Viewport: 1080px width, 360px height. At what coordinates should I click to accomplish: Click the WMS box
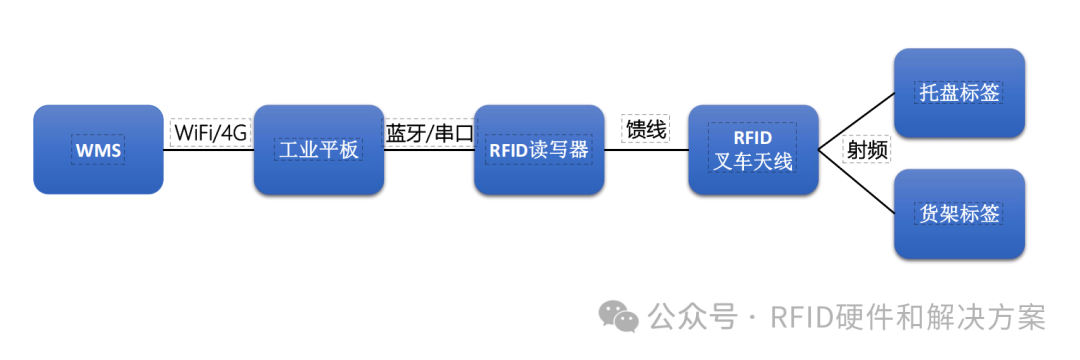coord(98,150)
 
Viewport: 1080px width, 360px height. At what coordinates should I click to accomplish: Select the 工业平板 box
coord(318,150)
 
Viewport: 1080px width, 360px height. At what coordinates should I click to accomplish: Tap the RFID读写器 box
coord(538,150)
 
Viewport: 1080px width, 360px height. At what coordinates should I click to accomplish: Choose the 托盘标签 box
coord(959,93)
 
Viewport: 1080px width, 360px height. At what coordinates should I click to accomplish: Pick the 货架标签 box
coord(959,214)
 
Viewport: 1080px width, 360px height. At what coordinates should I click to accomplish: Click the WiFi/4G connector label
coord(210,132)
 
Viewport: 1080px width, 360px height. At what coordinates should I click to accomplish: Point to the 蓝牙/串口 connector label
coord(429,132)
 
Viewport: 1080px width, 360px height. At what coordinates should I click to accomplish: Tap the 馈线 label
coord(645,130)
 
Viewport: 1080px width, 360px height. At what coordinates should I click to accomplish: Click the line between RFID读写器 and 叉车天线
coord(646,150)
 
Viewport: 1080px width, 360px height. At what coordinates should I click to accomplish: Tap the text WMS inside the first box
coord(98,151)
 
